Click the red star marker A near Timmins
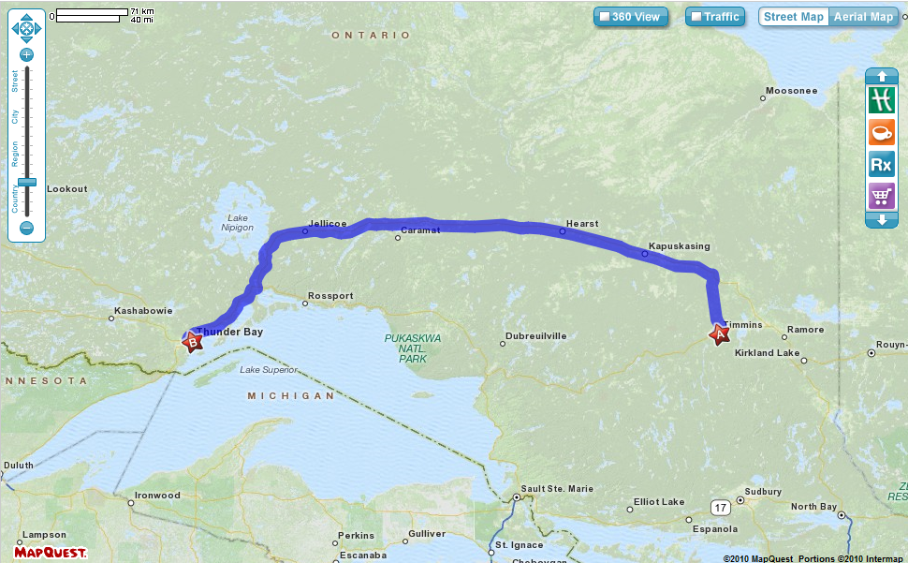tap(720, 334)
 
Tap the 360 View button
tap(631, 17)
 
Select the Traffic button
tap(715, 17)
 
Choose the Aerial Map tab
tap(862, 17)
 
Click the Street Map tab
tap(794, 17)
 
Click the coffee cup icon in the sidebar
tap(881, 133)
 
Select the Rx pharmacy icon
tap(881, 165)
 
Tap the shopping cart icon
tap(881, 196)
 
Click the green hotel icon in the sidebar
tap(881, 100)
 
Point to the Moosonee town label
tap(791, 91)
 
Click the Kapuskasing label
tap(679, 246)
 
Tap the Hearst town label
tap(581, 224)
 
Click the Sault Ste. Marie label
tap(557, 488)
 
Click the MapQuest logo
tap(51, 552)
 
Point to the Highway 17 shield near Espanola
tap(719, 508)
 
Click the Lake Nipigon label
tap(237, 223)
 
